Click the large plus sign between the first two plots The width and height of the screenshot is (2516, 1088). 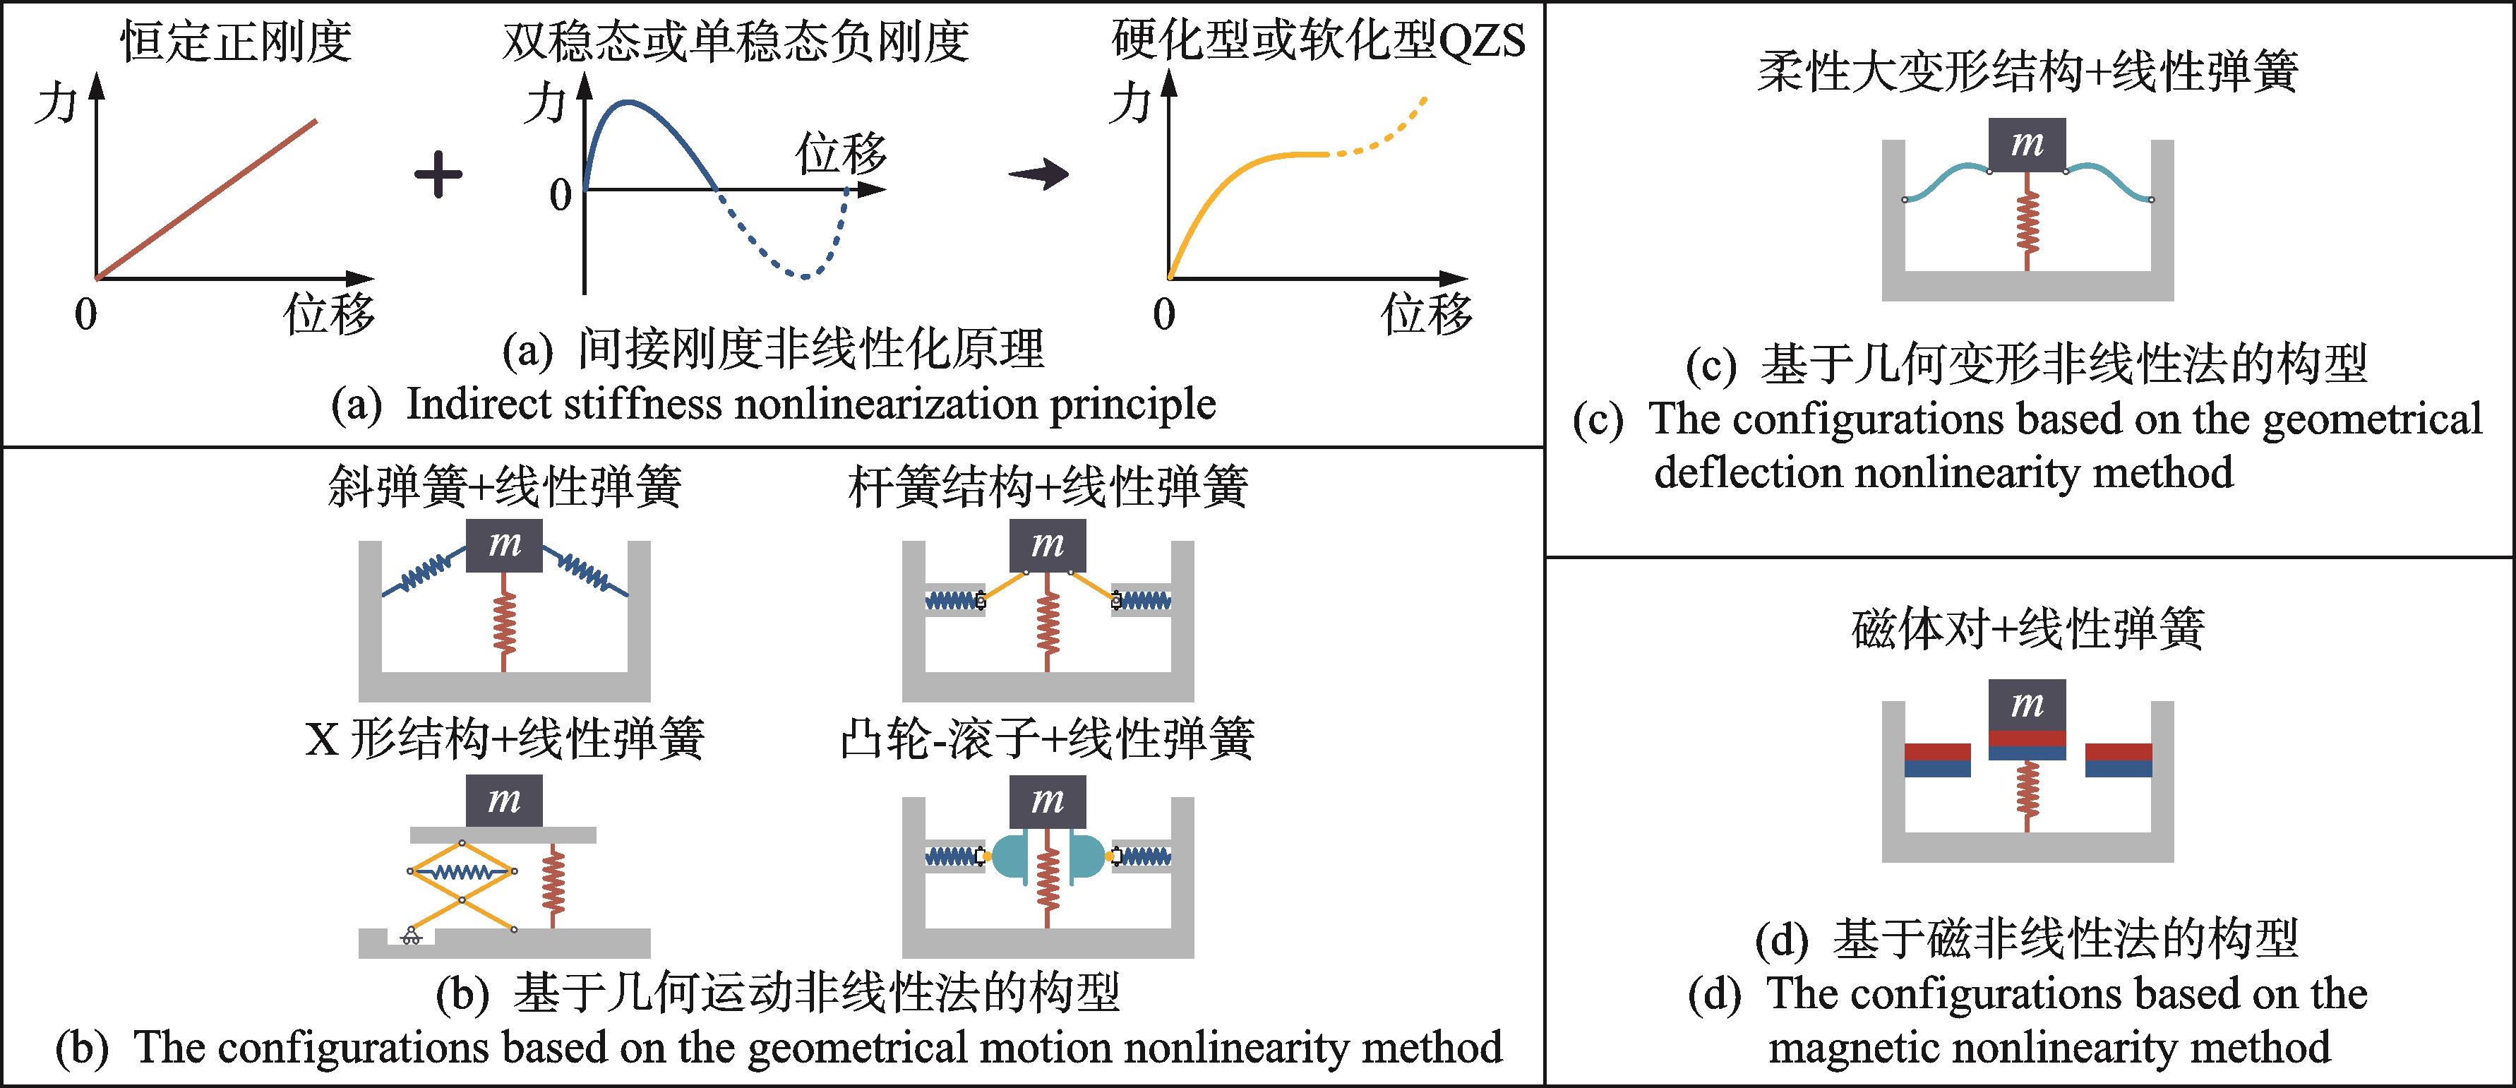[x=438, y=177]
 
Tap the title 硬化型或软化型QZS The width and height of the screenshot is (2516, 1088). [x=1319, y=41]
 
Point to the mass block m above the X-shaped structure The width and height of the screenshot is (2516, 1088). [x=504, y=801]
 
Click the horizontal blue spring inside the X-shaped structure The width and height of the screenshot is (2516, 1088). [x=461, y=872]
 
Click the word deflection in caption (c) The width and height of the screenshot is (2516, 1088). [x=1749, y=474]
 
